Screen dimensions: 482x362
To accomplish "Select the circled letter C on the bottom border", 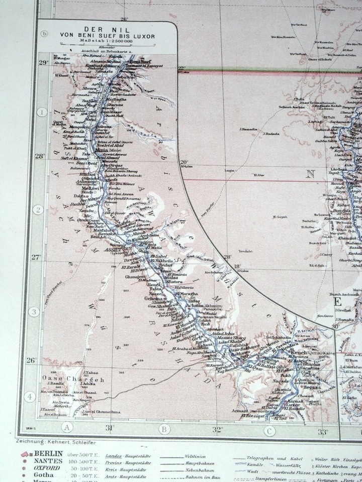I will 269,430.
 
